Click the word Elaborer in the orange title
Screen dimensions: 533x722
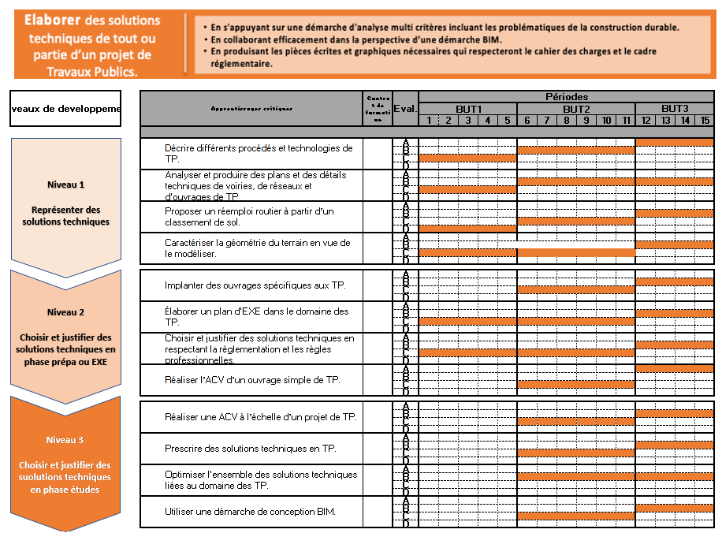click(x=52, y=20)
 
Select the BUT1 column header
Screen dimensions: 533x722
click(x=467, y=109)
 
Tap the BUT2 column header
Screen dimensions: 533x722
click(x=576, y=109)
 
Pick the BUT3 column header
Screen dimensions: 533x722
click(x=675, y=109)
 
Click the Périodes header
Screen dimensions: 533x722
click(x=566, y=96)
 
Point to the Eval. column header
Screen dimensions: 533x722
click(x=404, y=109)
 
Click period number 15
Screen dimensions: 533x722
click(x=704, y=121)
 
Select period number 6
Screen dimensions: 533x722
click(x=527, y=121)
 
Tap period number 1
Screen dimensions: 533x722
click(x=428, y=121)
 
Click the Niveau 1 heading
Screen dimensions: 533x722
click(x=65, y=184)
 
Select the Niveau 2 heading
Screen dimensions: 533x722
click(x=65, y=311)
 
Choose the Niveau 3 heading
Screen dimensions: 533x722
click(x=65, y=440)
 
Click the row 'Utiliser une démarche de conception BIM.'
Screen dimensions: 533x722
click(x=250, y=512)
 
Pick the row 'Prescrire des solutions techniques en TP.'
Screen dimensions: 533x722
click(x=250, y=449)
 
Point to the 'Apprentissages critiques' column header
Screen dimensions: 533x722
click(x=251, y=109)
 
